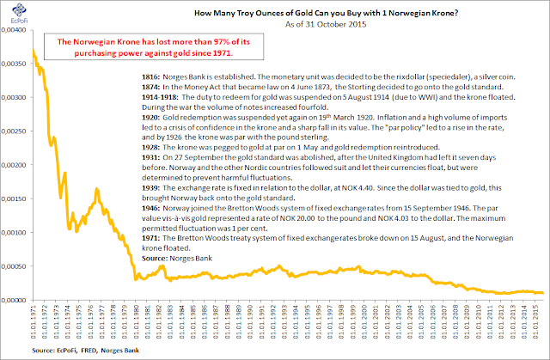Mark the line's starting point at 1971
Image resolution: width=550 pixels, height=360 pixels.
[x=33, y=52]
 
